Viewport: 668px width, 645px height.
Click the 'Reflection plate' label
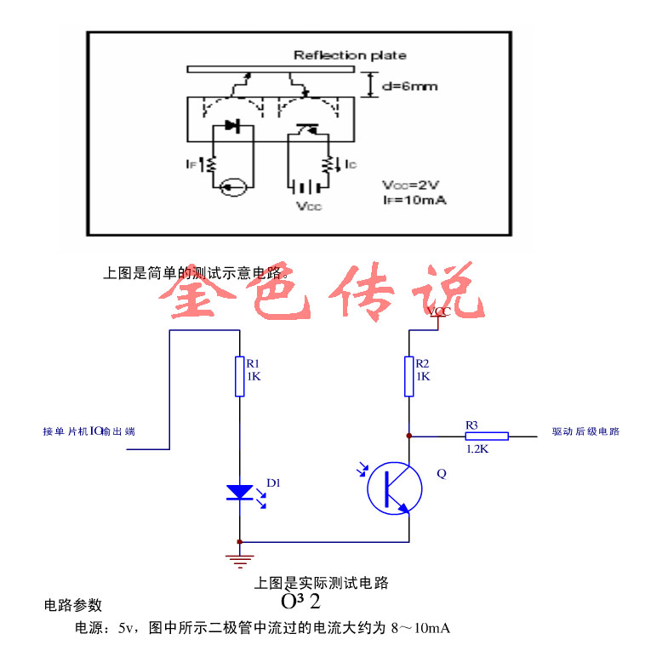(x=350, y=55)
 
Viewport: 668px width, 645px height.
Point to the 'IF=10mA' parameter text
(x=414, y=200)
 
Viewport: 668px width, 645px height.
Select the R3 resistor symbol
(x=487, y=436)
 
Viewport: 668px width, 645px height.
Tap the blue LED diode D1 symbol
(x=240, y=493)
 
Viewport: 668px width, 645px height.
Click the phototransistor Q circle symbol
(x=395, y=488)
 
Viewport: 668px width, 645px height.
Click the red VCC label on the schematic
(x=440, y=312)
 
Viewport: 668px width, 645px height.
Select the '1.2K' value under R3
(x=477, y=448)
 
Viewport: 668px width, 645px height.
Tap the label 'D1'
(x=273, y=483)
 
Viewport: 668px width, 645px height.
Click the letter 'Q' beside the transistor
(x=441, y=475)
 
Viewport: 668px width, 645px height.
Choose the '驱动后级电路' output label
(x=585, y=431)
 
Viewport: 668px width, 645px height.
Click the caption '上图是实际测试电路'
(x=322, y=583)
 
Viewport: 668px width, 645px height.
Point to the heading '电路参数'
(x=73, y=605)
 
